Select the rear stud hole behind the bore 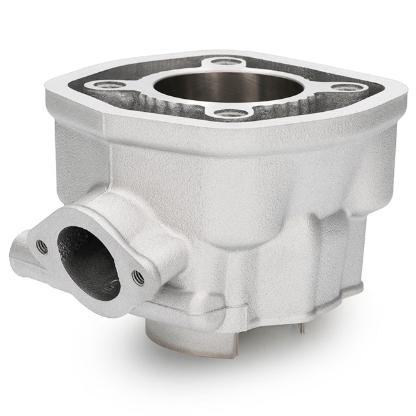225,62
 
